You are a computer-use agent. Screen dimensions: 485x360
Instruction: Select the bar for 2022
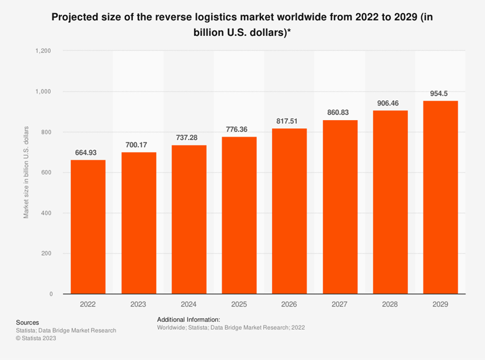[x=88, y=227]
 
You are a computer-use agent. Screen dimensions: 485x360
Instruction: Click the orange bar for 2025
[x=239, y=215]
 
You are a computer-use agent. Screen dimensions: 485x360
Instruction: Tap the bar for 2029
[x=441, y=197]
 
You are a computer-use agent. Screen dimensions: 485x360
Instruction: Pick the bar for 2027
[x=340, y=207]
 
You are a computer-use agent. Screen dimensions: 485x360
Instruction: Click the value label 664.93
[x=85, y=153]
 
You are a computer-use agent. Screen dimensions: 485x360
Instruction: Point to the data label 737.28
[x=186, y=138]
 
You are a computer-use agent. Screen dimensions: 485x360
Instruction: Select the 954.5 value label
[x=439, y=94]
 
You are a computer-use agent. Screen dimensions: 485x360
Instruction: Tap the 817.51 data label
[x=287, y=121]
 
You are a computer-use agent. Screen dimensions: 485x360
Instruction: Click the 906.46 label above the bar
[x=388, y=103]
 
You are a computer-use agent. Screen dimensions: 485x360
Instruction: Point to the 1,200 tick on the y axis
[x=43, y=51]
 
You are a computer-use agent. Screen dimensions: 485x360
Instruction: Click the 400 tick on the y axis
[x=46, y=213]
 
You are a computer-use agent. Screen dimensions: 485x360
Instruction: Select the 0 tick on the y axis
[x=51, y=294]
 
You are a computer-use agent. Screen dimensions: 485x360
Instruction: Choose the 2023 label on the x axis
[x=138, y=304]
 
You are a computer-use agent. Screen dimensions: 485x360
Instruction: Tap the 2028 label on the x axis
[x=390, y=304]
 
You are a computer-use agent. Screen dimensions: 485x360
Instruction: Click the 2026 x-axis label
[x=289, y=304]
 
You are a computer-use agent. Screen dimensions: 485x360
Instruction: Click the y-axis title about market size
[x=26, y=172]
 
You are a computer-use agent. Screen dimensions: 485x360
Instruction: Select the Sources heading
[x=27, y=322]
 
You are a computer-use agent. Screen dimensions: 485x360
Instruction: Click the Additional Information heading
[x=189, y=320]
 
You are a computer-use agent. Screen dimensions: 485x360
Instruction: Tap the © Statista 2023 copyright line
[x=36, y=338]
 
